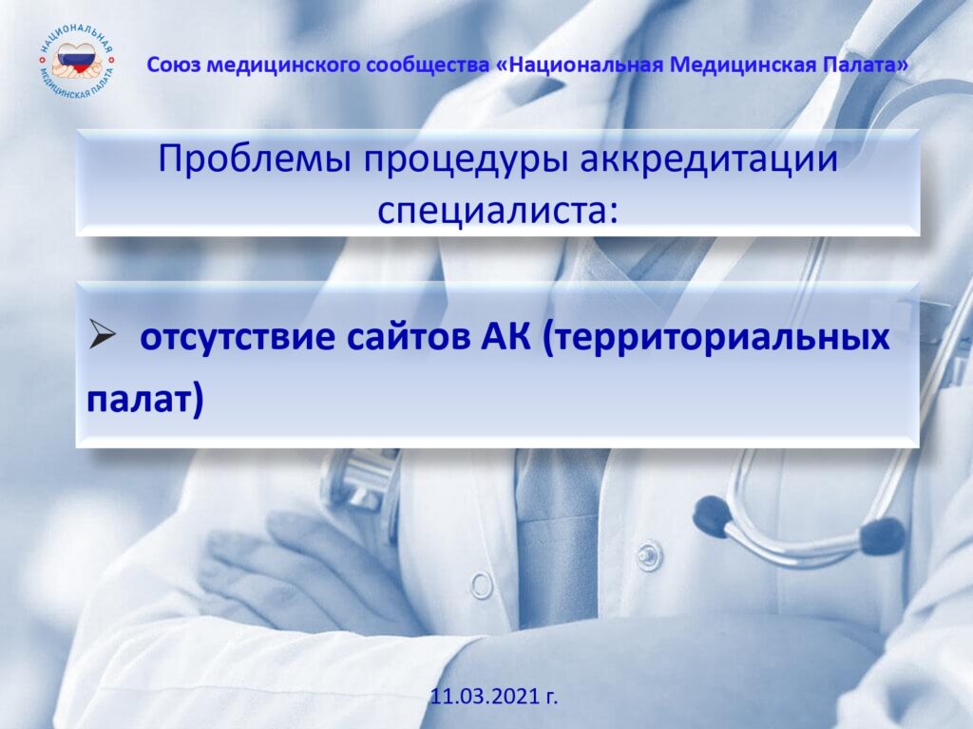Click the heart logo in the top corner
pyautogui.click(x=77, y=62)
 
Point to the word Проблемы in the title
pyautogui.click(x=255, y=159)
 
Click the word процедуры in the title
pyautogui.click(x=466, y=160)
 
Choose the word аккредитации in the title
pyautogui.click(x=709, y=159)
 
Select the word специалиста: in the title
pyautogui.click(x=498, y=212)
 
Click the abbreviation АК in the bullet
pyautogui.click(x=506, y=337)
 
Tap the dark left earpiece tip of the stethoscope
pyautogui.click(x=710, y=514)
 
